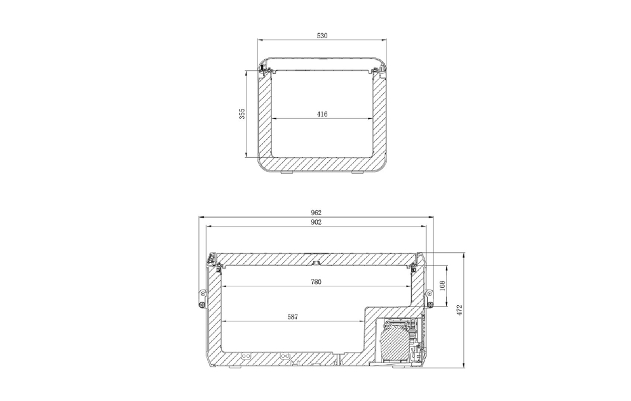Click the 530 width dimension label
(322, 36)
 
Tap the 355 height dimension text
(242, 114)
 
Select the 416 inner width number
(322, 114)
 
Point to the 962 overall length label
(316, 213)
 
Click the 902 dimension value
(316, 222)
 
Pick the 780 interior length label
(316, 282)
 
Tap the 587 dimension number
(292, 317)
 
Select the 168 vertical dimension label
(442, 286)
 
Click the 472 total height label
(460, 309)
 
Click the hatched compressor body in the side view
(391, 342)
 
